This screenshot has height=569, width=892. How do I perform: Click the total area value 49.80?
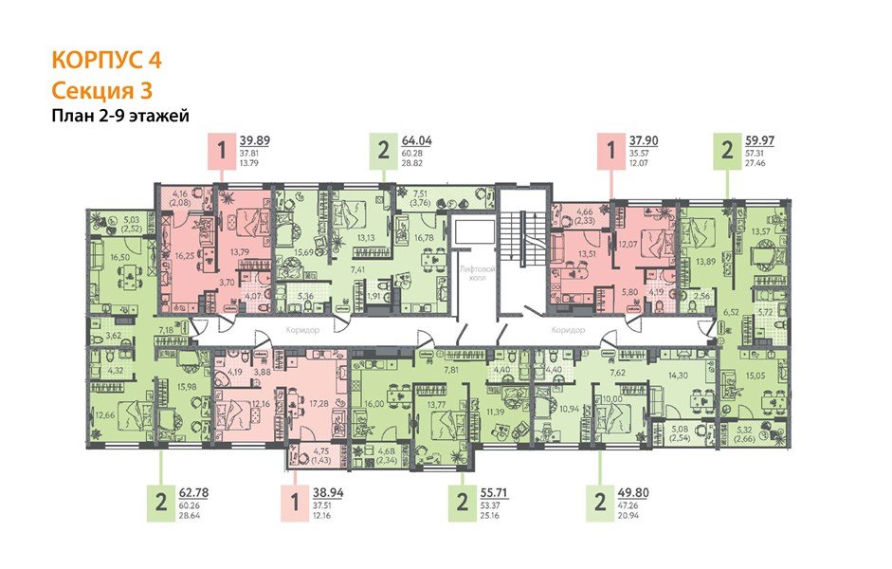coord(642,492)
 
